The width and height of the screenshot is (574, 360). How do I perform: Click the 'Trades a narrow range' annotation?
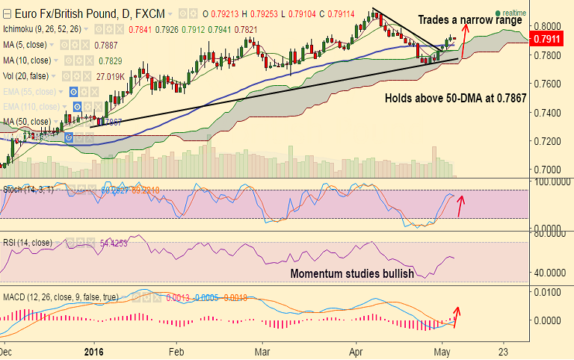pyautogui.click(x=469, y=19)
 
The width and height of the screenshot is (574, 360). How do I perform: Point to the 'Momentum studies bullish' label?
pyautogui.click(x=352, y=274)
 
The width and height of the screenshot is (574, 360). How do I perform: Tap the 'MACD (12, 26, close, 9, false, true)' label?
pyautogui.click(x=61, y=297)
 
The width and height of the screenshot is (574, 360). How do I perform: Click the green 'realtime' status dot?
pyautogui.click(x=497, y=13)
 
